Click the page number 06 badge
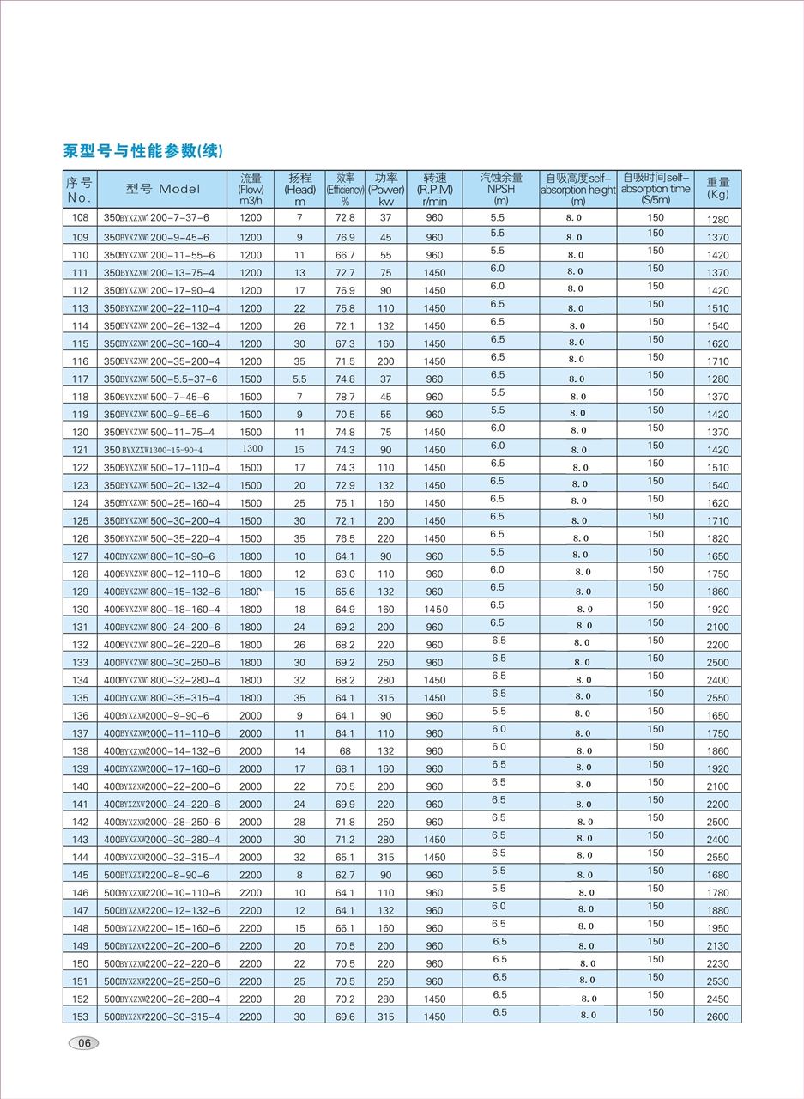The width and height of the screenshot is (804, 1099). coord(83,1043)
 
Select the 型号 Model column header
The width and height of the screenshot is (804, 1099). coord(162,189)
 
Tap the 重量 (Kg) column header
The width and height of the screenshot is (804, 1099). coord(718,188)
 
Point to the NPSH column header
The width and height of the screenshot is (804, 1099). coord(500,189)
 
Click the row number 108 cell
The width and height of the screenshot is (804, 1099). coord(80,218)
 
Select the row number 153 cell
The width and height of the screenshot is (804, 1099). coord(80,1017)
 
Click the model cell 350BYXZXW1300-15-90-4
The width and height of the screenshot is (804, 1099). coord(162,450)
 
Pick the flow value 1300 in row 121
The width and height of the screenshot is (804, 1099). coord(251,449)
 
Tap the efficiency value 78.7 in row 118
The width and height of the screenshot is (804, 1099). coord(345,397)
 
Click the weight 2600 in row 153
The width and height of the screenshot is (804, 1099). coord(718,1017)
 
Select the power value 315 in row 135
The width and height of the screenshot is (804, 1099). coord(386,698)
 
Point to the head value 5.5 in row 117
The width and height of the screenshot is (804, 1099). coord(299,379)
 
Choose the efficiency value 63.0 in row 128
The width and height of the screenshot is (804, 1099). coord(345,574)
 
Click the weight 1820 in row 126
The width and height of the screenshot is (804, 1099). coord(718,538)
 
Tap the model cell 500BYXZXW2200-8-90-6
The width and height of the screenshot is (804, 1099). coord(162,875)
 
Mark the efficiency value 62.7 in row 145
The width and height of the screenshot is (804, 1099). coord(345,875)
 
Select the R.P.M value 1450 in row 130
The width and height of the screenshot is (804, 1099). coord(435,609)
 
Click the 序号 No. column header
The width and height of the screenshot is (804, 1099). coord(80,189)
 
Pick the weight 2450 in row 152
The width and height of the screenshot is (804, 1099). coord(718,999)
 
